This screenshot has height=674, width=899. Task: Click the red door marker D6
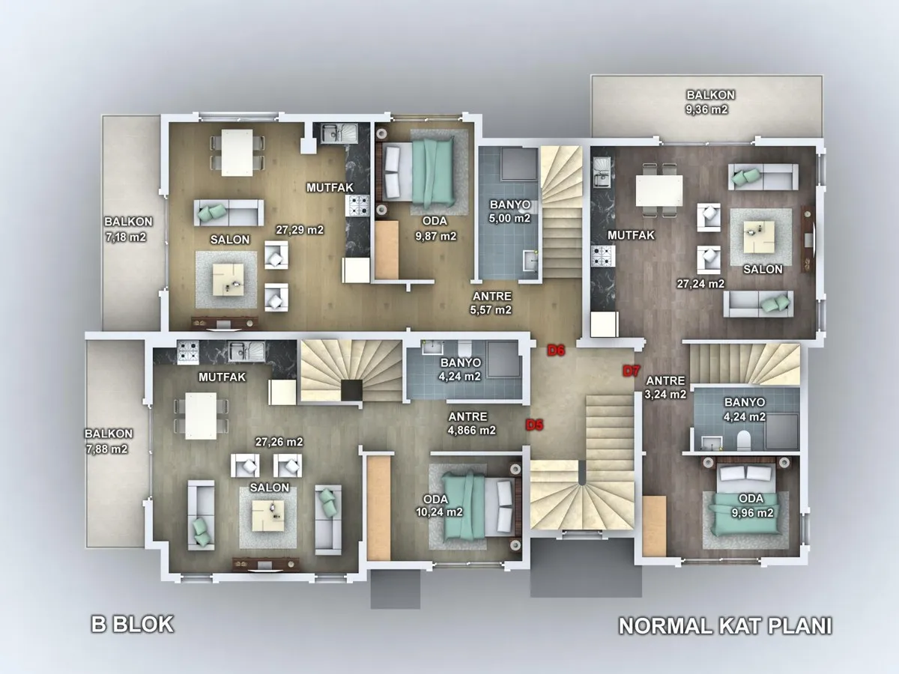[x=556, y=350]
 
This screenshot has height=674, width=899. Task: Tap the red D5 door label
[x=534, y=425]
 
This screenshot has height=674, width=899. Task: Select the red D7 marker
[x=631, y=371]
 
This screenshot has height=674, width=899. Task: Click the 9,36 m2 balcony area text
[x=706, y=109]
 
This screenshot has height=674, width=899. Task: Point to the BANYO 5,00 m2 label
[x=510, y=211]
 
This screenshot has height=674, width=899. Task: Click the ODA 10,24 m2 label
[x=439, y=506]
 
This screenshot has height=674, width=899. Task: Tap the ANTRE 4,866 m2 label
[x=471, y=424]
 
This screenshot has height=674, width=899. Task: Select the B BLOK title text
[x=133, y=625]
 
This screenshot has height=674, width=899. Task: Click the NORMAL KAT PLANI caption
[x=725, y=626]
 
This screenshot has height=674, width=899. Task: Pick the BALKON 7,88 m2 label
[x=108, y=441]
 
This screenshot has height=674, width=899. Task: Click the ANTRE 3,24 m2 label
[x=665, y=387]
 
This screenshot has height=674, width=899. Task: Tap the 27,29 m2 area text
[x=300, y=230]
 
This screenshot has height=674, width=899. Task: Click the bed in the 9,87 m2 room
[x=419, y=172]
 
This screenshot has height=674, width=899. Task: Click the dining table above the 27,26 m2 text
[x=201, y=416]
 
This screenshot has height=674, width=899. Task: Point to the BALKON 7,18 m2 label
[x=128, y=229]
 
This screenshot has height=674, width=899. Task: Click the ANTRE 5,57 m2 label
[x=491, y=303]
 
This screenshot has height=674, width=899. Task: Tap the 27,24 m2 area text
[x=700, y=284]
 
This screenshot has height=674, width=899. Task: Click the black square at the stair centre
[x=351, y=390]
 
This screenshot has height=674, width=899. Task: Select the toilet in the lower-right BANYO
[x=743, y=440]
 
